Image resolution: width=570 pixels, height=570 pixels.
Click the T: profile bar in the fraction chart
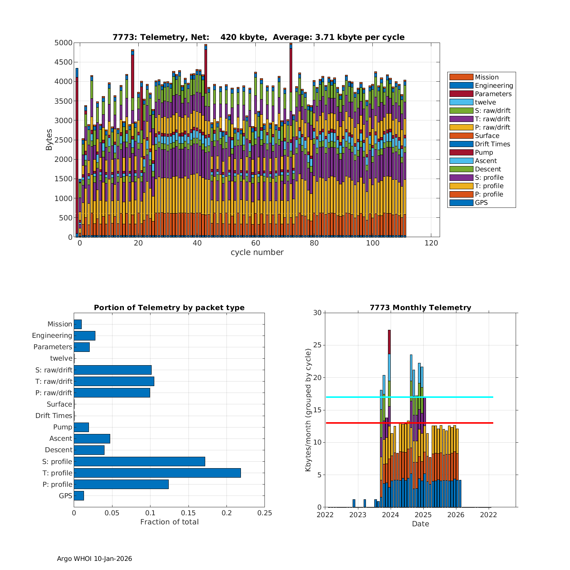[x=157, y=473]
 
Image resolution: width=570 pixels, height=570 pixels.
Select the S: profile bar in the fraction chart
[x=139, y=461]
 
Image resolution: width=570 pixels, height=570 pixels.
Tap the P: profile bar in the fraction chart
[x=121, y=484]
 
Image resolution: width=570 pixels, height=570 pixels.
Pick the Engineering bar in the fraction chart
[x=84, y=336]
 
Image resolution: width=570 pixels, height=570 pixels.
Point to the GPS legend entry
[x=481, y=203]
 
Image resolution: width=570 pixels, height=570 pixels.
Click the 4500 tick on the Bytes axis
[x=63, y=62]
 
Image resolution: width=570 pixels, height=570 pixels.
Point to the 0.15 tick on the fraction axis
[x=188, y=513]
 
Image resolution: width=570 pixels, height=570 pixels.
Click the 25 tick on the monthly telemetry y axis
[x=317, y=345]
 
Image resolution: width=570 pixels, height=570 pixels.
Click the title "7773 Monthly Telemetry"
[x=420, y=308]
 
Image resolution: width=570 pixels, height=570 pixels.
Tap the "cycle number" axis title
[x=257, y=252]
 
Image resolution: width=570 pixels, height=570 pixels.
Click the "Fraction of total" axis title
[x=169, y=522]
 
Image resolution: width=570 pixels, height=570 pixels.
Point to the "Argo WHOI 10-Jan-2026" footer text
[x=94, y=559]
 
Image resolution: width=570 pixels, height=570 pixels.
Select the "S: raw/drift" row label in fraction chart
[x=54, y=370]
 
